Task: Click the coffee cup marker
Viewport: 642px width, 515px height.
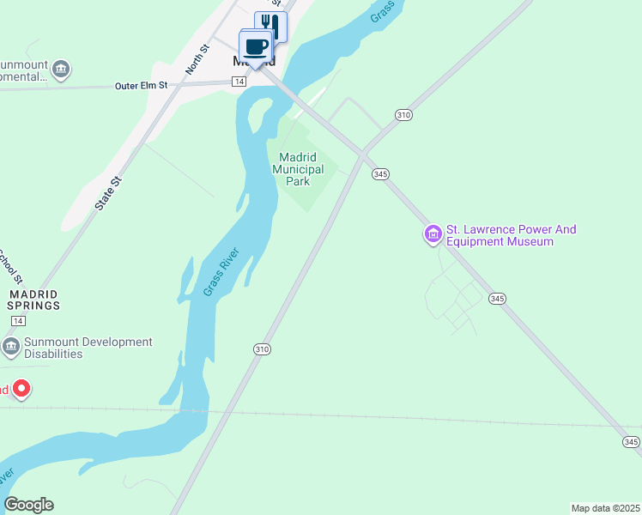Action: click(256, 45)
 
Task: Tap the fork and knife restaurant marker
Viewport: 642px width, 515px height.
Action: click(270, 25)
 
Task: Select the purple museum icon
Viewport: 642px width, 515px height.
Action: click(433, 233)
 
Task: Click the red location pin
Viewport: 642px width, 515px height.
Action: click(21, 391)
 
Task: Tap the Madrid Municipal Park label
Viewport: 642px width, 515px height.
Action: click(298, 169)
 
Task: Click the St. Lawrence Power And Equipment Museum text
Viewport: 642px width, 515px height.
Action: click(511, 235)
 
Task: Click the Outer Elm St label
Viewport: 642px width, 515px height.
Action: click(142, 86)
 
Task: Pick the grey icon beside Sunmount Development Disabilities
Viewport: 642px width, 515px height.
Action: click(11, 347)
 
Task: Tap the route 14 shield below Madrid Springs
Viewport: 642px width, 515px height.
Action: click(18, 320)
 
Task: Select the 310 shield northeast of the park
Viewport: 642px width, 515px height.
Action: click(404, 114)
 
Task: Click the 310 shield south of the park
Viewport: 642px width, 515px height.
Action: click(262, 349)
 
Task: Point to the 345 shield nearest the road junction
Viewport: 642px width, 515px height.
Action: click(381, 174)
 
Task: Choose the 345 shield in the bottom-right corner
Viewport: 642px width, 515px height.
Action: click(631, 442)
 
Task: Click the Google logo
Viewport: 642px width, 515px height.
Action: click(28, 505)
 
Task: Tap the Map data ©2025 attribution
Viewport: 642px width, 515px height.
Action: click(605, 508)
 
